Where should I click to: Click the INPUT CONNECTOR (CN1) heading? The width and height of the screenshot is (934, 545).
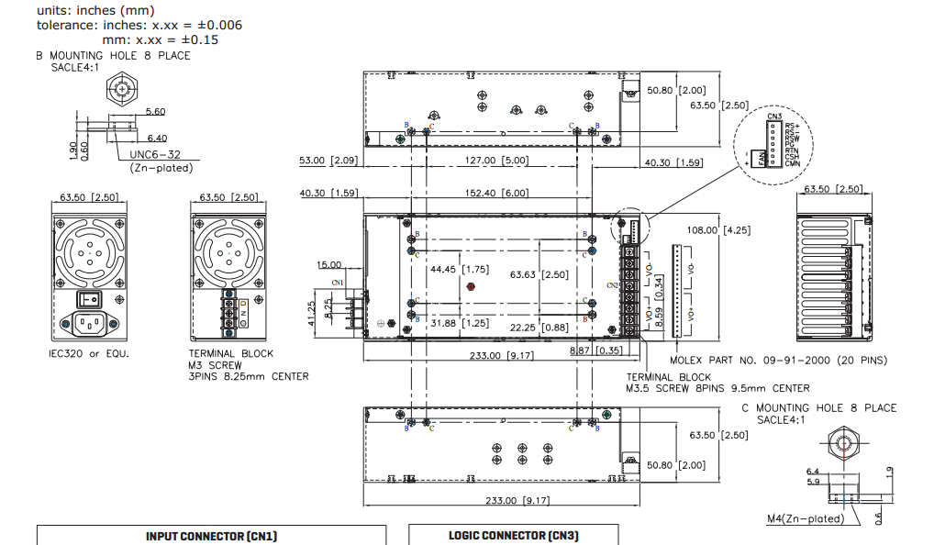211,536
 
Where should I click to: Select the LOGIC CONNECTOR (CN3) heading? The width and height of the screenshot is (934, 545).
513,536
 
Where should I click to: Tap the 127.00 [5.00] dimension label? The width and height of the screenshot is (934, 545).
496,161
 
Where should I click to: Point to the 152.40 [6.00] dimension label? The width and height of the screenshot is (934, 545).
496,193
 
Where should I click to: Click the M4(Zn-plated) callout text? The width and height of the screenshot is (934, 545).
805,519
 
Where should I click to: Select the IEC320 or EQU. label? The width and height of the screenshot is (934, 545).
89,353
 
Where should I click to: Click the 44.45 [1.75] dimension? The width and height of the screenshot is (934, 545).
459,270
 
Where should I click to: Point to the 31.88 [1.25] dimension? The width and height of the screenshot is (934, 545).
459,323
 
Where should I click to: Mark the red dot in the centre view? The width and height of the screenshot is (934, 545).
471,286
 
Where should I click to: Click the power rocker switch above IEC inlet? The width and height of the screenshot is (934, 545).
89,299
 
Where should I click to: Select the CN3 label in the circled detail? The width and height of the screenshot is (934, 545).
774,117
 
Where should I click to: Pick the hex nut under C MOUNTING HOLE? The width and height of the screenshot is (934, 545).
841,442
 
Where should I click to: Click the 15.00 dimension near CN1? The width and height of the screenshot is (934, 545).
328,265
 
